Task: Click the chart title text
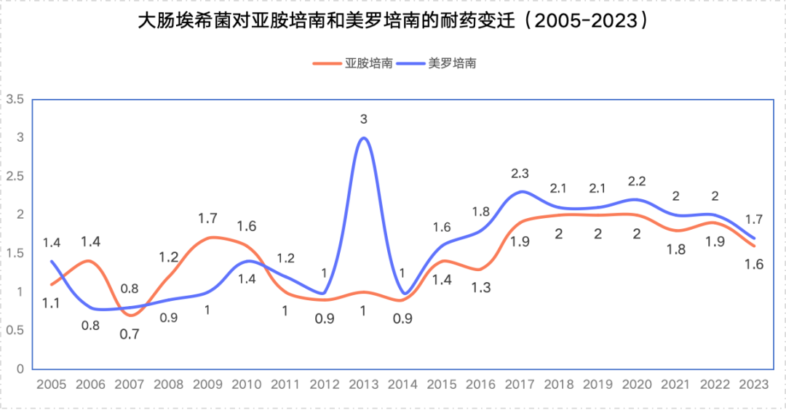[393, 21]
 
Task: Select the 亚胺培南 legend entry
[353, 63]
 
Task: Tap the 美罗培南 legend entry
[436, 63]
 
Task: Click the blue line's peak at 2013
[364, 137]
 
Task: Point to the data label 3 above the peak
[364, 119]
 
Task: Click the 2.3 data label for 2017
[520, 173]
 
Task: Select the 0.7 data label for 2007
[130, 334]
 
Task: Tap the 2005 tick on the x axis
[52, 385]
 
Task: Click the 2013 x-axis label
[364, 385]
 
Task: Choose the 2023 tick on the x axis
[754, 385]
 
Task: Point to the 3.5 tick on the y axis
[15, 99]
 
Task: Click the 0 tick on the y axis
[20, 369]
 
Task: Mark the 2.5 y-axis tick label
[15, 176]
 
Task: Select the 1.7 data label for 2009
[207, 218]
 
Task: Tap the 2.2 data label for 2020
[637, 181]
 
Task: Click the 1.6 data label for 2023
[754, 265]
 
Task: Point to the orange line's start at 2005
[52, 284]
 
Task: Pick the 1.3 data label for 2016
[481, 287]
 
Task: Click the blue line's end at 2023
[754, 238]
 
